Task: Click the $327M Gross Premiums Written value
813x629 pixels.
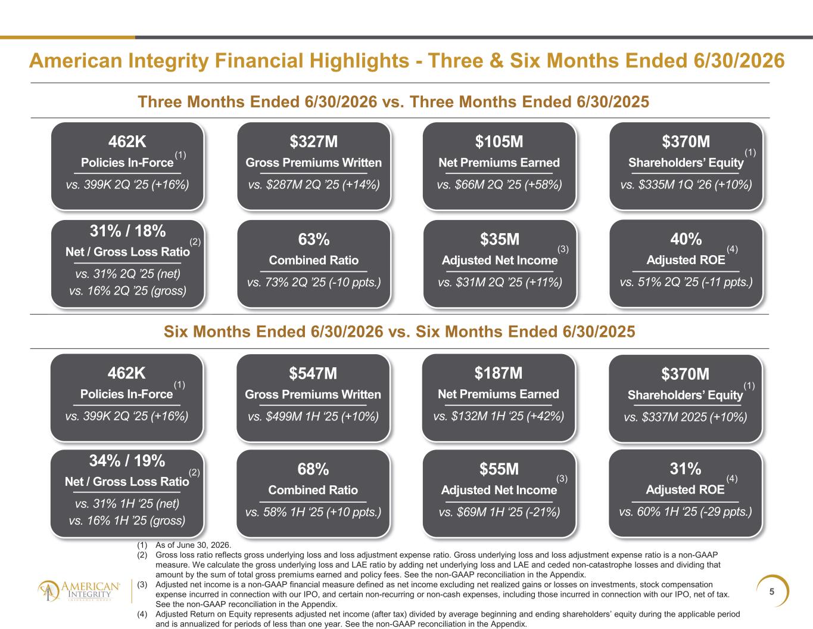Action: [313, 141]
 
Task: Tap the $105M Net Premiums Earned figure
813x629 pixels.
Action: [499, 141]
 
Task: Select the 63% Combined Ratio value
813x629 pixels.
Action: [313, 239]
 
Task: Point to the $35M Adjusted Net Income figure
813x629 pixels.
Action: [500, 239]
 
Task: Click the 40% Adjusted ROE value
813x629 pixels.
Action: [686, 239]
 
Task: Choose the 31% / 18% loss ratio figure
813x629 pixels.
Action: [127, 231]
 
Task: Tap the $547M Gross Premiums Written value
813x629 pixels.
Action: [313, 373]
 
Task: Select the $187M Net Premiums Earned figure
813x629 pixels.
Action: [499, 373]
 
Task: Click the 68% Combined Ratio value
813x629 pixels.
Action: [313, 469]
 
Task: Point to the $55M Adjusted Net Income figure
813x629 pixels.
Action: [499, 469]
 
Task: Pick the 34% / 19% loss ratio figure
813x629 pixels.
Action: [127, 461]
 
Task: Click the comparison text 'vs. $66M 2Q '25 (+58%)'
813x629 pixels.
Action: [500, 185]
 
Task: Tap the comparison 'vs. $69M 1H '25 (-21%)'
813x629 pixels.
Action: [500, 512]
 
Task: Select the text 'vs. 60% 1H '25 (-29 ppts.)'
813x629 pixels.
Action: [686, 512]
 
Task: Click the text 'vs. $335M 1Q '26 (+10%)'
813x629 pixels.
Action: [686, 185]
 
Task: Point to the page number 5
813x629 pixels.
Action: [772, 591]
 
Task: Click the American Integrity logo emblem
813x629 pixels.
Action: [48, 591]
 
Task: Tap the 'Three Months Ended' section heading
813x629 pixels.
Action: [393, 102]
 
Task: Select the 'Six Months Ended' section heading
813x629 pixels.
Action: [399, 331]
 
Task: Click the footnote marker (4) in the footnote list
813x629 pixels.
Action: [142, 614]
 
